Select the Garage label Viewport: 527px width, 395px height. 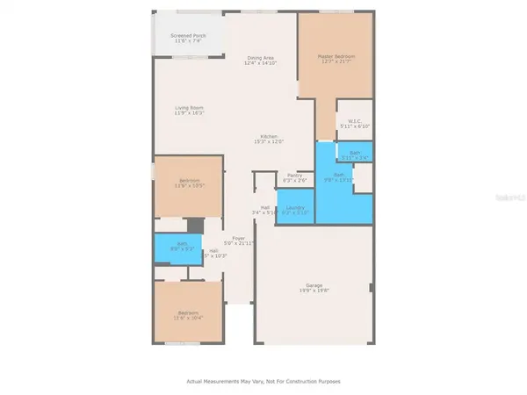coord(314,284)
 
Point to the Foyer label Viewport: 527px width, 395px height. coord(237,237)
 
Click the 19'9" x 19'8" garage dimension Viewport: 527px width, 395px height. coord(314,291)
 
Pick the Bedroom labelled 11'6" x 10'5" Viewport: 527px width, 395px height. coord(189,183)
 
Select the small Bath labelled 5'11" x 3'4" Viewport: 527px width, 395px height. coord(355,154)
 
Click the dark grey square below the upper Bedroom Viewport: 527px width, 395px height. coord(194,225)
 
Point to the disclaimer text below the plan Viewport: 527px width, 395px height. coord(263,381)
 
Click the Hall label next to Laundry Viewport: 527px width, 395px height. coord(264,207)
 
